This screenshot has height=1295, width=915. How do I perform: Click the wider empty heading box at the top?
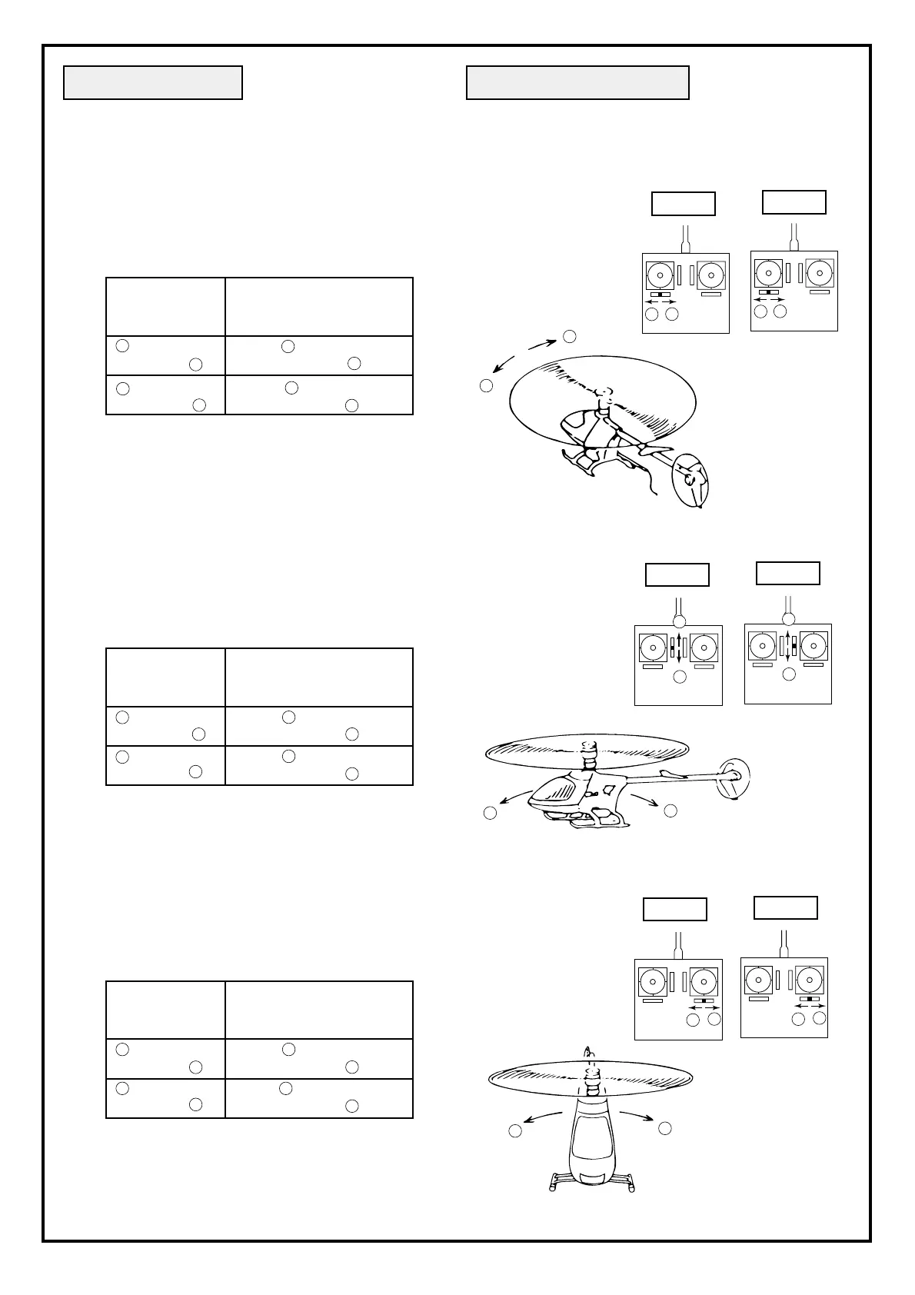[x=577, y=83]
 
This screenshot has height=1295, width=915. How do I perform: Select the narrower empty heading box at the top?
[x=153, y=83]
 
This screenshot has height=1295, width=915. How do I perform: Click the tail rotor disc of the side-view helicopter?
[x=733, y=777]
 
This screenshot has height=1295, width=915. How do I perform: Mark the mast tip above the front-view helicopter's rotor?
[x=589, y=1050]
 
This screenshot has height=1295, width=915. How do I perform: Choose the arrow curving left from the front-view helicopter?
[x=542, y=1117]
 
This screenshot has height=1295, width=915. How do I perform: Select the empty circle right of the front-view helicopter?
[x=665, y=1128]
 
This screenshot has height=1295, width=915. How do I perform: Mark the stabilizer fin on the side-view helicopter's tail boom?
[x=669, y=772]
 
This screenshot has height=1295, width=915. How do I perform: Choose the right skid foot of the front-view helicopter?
[x=632, y=1185]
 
